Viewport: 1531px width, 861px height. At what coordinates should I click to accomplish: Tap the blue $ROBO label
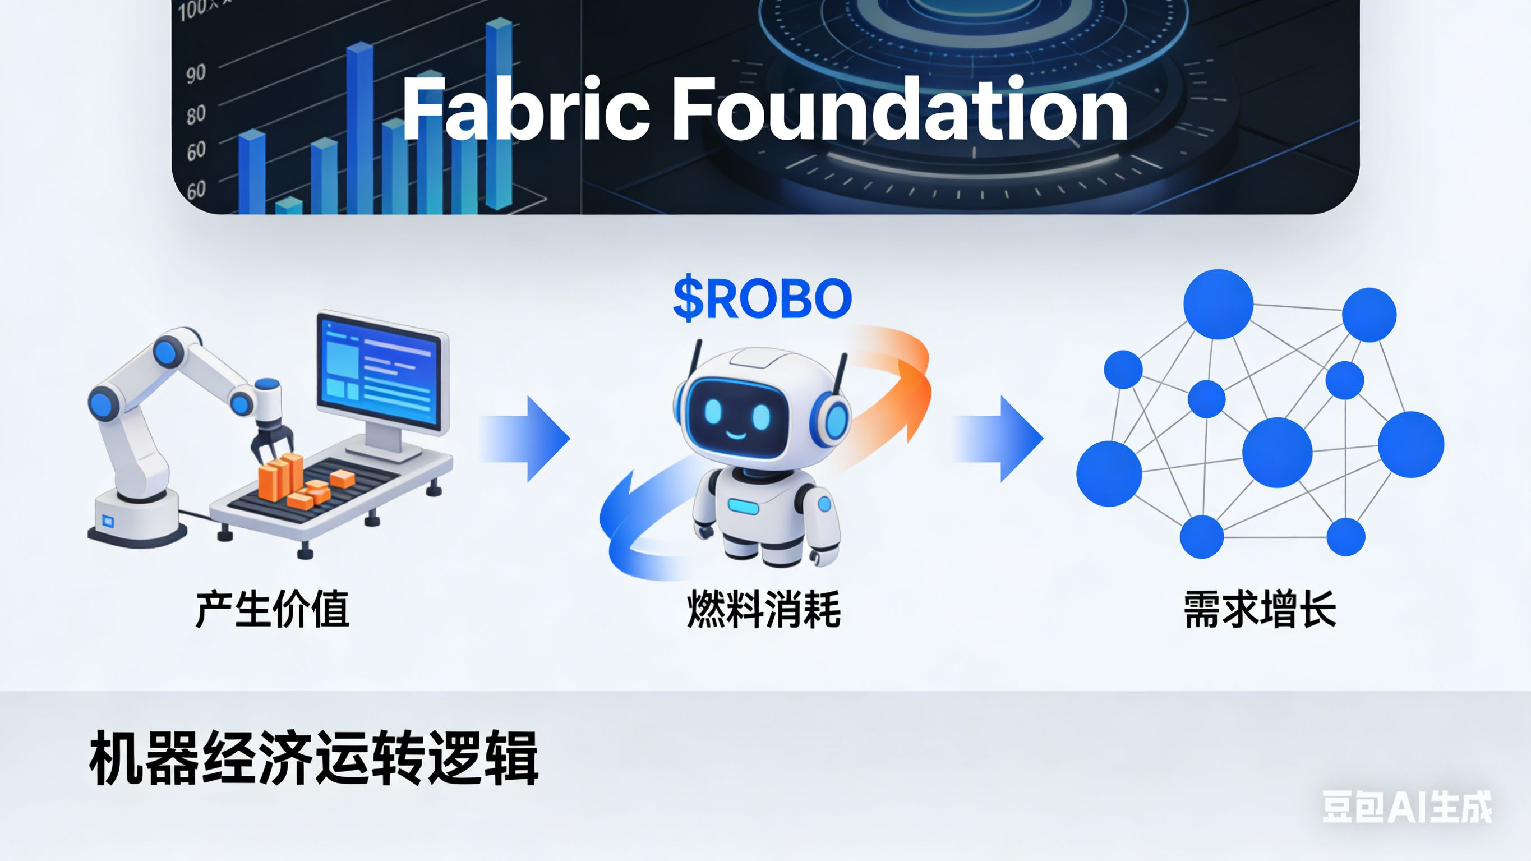762,298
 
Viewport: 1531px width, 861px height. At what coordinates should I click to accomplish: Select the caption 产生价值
272,610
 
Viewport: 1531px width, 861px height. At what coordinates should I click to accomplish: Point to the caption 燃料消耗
764,610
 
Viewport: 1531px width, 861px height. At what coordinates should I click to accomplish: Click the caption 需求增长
1260,610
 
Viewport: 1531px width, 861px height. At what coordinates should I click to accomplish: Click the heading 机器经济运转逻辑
314,759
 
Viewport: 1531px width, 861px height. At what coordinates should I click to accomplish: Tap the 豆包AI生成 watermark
1406,807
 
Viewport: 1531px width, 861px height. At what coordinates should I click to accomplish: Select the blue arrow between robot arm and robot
526,439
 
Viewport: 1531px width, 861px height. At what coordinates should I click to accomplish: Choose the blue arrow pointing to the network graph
1000,439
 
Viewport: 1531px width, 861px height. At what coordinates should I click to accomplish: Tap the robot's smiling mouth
736,434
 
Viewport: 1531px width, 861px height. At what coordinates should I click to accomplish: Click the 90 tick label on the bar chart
196,75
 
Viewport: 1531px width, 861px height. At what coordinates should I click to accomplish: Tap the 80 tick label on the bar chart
196,114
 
